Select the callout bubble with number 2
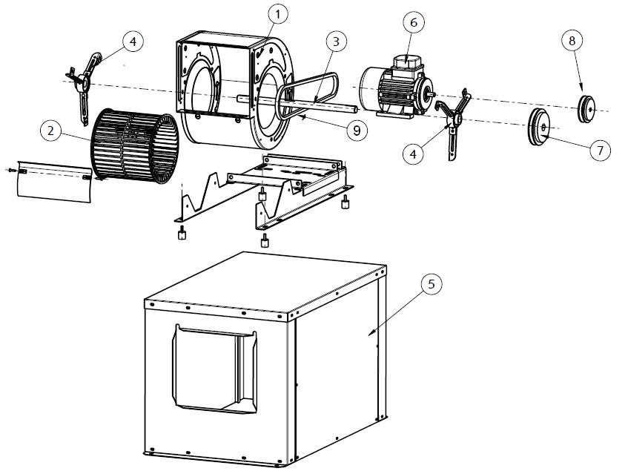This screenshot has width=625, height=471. [50, 131]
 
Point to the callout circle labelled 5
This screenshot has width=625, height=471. [431, 284]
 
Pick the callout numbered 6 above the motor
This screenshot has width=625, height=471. [413, 22]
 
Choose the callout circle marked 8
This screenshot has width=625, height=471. [572, 41]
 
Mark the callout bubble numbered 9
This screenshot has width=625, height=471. [357, 131]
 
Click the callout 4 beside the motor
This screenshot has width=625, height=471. [414, 154]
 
